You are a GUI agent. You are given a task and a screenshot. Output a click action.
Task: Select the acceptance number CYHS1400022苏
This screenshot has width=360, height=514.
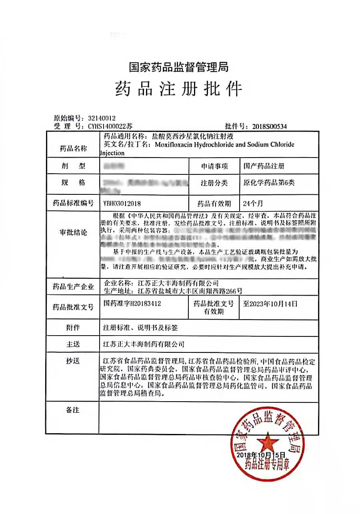[x=104, y=126]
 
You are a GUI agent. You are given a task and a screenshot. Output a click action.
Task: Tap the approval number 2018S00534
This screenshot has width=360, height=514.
[x=270, y=126]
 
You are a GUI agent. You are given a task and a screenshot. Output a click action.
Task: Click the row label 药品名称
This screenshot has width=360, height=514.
[x=73, y=148]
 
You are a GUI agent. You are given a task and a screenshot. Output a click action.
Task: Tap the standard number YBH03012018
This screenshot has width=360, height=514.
[x=122, y=203]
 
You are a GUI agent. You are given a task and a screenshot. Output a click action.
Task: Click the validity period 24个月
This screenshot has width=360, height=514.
[x=253, y=203]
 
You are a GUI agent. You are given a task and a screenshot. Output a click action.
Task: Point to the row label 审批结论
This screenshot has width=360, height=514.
[x=73, y=232]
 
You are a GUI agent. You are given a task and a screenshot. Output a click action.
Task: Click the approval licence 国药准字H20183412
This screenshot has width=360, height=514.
[x=132, y=304]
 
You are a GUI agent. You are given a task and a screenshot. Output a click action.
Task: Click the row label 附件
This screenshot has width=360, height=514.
[x=73, y=328]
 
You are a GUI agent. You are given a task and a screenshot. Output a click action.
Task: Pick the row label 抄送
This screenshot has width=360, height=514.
[x=73, y=361]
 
